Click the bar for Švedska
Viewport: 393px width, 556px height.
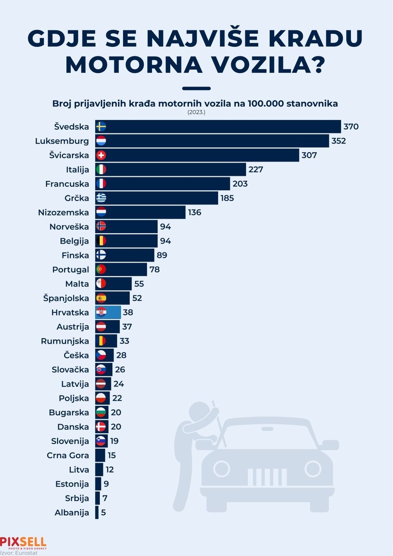222,127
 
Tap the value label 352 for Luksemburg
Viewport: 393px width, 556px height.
338,141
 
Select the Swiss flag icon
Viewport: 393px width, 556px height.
101,156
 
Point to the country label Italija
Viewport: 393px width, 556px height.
77,170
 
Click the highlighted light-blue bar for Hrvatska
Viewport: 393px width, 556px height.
113,312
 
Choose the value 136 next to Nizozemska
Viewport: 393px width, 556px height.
195,212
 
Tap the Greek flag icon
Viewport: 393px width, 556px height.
101,198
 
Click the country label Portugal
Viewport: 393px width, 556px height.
70,269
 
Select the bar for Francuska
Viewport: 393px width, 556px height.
166,184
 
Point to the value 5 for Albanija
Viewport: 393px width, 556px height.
103,512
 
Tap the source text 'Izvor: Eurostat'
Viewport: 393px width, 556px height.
19,553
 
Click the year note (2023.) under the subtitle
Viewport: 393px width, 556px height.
196,112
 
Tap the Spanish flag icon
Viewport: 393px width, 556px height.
101,298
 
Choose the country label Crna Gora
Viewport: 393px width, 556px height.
68,456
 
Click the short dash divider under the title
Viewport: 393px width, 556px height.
196,88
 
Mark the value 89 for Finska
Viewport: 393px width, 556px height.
162,255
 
